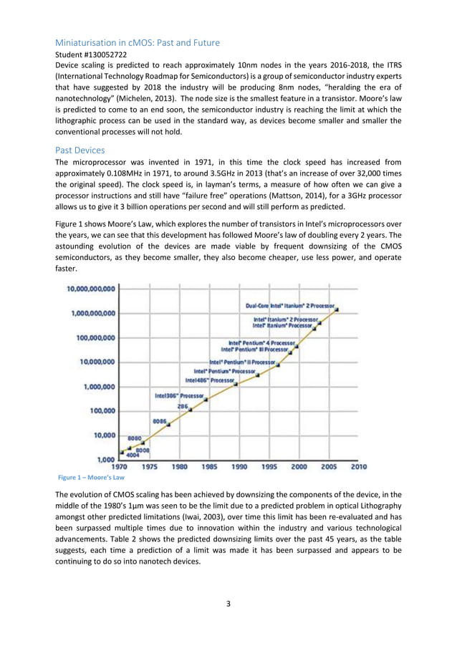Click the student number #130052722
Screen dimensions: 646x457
click(90, 54)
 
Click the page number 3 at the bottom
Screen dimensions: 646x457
click(228, 604)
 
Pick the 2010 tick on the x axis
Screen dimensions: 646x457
click(358, 467)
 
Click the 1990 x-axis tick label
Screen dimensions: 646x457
click(239, 467)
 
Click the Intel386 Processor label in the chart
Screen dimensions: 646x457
click(180, 395)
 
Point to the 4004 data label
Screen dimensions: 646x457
click(133, 455)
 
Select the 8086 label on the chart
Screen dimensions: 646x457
click(160, 420)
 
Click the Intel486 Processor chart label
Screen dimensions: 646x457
click(209, 380)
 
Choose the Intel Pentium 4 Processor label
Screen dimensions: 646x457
click(261, 342)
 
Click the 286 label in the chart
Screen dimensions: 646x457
click(183, 406)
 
